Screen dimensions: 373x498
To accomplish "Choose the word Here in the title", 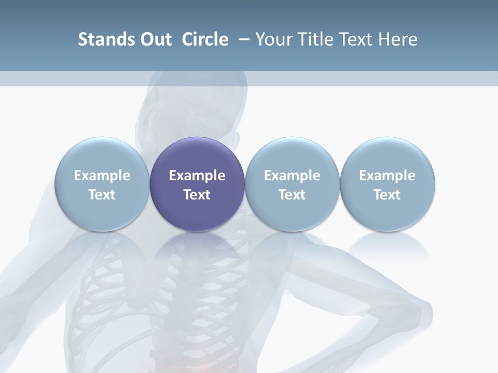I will tap(399, 39).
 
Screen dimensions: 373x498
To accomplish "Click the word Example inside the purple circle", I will tap(197, 176).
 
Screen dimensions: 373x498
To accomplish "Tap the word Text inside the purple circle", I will tap(197, 195).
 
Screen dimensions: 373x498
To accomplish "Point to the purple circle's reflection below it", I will tap(197, 246).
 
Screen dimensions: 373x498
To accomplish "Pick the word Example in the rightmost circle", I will tap(387, 176).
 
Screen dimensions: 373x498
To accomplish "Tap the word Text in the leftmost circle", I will tap(102, 195).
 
